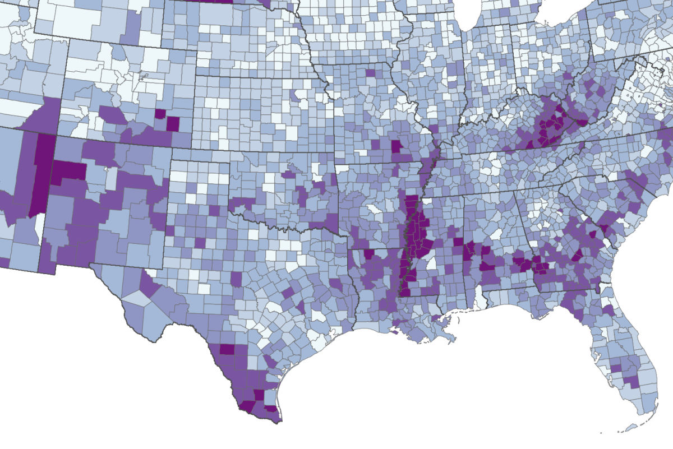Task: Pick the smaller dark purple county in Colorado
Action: coord(160,114)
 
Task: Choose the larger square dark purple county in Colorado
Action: coord(173,123)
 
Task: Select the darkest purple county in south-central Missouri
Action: coord(396,147)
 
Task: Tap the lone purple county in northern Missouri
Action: coord(371,72)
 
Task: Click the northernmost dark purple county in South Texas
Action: coord(227,349)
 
